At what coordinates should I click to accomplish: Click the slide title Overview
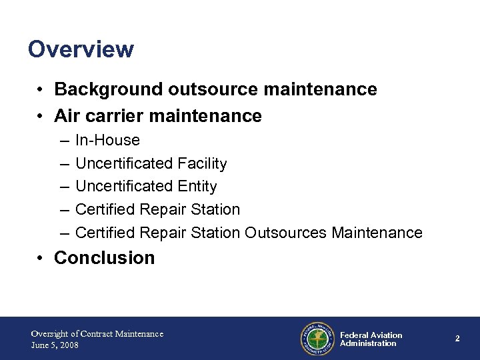coord(81,49)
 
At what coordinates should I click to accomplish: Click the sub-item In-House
coord(107,140)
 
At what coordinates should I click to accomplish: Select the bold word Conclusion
coord(105,257)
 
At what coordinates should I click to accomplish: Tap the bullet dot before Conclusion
coord(41,258)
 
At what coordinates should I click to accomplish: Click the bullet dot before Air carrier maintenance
coord(41,117)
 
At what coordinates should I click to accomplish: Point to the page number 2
coord(457,339)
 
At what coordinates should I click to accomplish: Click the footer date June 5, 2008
coord(56,345)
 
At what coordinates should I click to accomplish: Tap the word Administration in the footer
coord(368,344)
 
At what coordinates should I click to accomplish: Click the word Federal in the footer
coord(354,335)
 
